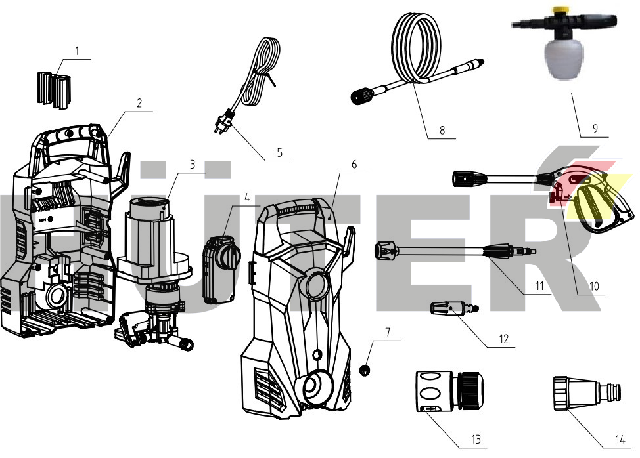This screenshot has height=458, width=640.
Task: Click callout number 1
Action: coord(77,50)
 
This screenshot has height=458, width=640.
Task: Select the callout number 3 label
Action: coord(193,165)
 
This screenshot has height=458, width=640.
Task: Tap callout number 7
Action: coord(388,332)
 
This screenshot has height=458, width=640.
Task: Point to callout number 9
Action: coord(595,129)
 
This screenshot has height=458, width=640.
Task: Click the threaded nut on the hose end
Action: coord(363,98)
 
